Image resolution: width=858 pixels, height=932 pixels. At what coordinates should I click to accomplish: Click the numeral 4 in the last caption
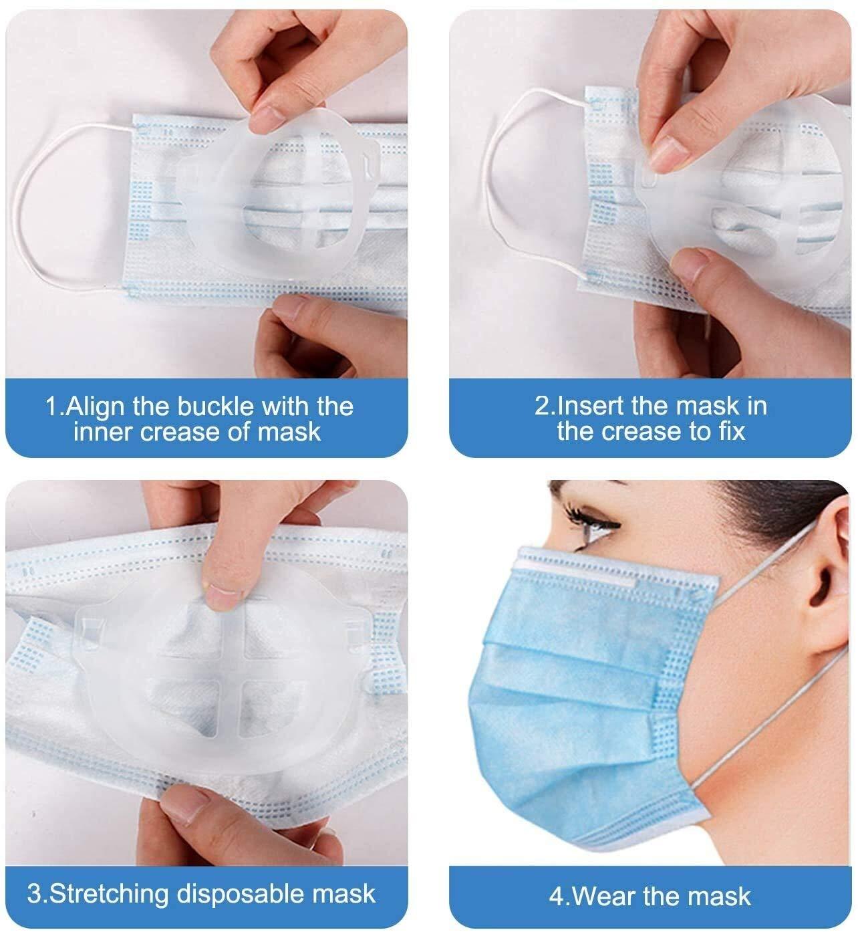click(x=556, y=896)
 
